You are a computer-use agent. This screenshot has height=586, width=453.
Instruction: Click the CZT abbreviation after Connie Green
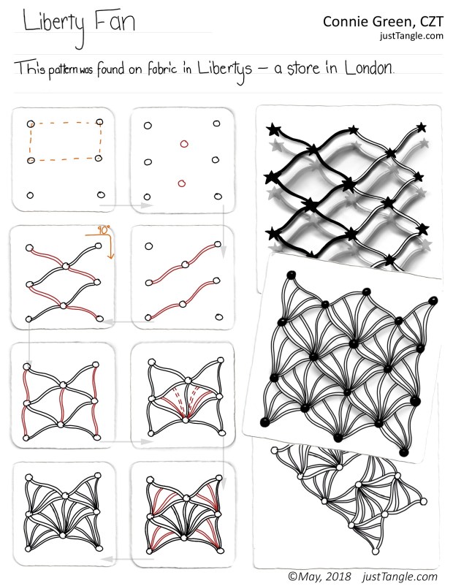coord(432,22)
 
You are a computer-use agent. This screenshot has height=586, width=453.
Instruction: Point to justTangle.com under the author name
coord(411,36)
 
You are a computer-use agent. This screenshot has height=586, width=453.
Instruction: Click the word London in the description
coord(369,68)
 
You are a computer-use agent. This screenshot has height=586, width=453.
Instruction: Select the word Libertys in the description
coord(224,70)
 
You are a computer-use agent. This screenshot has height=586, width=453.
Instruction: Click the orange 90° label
coord(104,230)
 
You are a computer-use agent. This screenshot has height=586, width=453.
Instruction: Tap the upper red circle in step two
coord(184,144)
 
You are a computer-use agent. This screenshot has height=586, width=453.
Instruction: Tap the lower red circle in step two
coord(182,183)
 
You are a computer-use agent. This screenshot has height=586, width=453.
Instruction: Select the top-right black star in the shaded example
coord(422,127)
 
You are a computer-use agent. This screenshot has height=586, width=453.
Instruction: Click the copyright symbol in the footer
coord(292,577)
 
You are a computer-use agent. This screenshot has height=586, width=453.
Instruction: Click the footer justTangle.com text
coord(400,577)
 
